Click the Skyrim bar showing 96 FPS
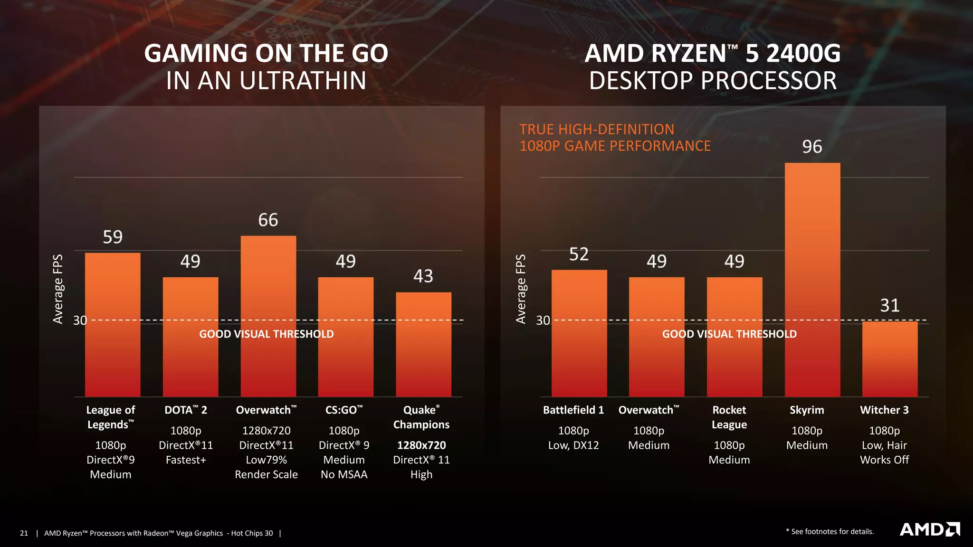pos(812,280)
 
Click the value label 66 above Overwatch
pos(268,220)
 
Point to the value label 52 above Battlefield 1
pos(579,254)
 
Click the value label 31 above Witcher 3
pos(889,305)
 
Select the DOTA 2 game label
pos(186,410)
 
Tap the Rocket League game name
pos(729,417)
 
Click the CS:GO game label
pos(343,410)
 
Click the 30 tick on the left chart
pos(80,321)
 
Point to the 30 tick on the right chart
pos(543,321)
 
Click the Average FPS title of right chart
pos(521,289)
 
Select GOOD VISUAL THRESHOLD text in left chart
pos(266,334)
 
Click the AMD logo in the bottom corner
pos(930,529)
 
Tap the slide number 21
pos(24,533)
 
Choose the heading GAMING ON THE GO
pos(266,53)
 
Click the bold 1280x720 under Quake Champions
pos(421,445)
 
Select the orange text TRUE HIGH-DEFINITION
pos(596,129)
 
